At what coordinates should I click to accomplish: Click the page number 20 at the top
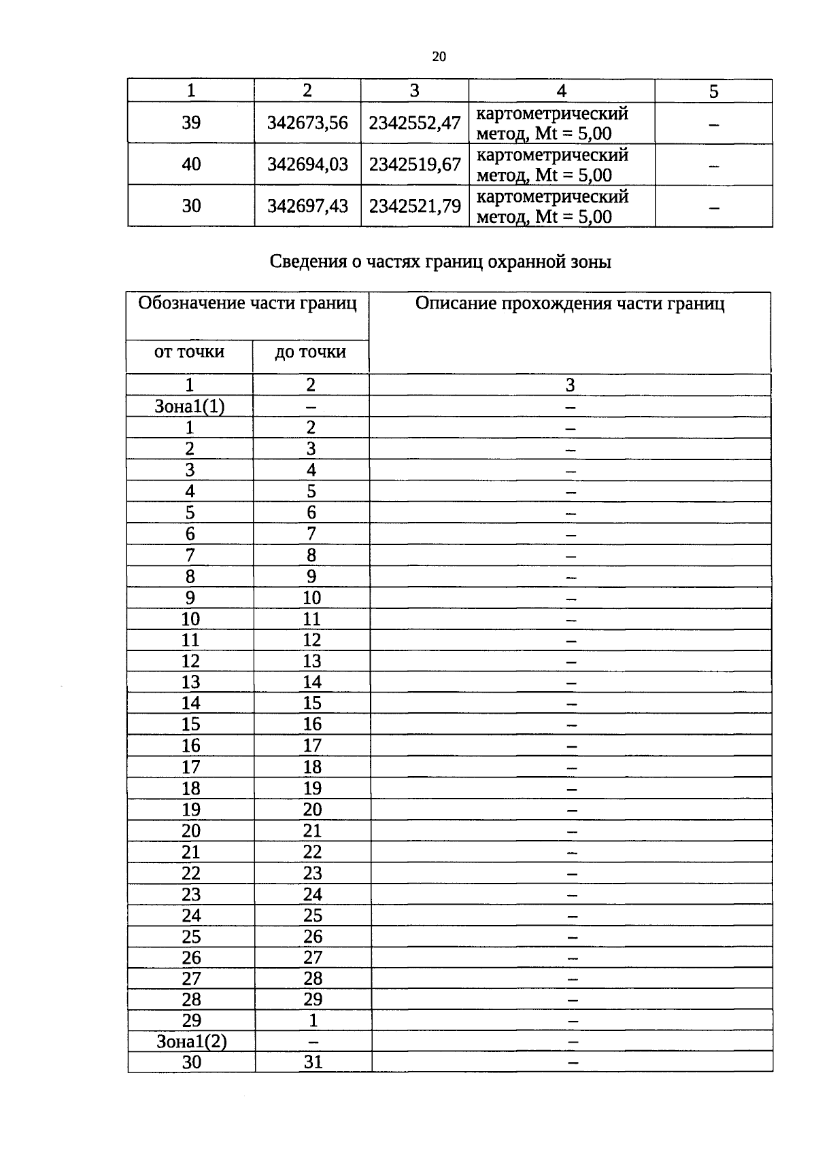[x=439, y=57]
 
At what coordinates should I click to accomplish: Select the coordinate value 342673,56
[x=307, y=123]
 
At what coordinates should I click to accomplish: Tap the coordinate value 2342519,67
[x=415, y=164]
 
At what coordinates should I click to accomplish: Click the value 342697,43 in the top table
[x=307, y=206]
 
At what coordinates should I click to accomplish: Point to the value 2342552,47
[x=415, y=123]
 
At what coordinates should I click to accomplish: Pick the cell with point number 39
[x=191, y=123]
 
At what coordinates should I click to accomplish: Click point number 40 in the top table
[x=191, y=164]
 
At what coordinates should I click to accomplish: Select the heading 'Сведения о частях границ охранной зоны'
[x=440, y=262]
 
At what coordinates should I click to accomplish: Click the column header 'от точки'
[x=189, y=352]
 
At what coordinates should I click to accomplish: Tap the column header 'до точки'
[x=310, y=352]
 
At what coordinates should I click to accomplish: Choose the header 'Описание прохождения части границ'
[x=570, y=304]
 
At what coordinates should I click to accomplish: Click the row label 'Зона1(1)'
[x=190, y=406]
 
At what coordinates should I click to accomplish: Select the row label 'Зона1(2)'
[x=191, y=1042]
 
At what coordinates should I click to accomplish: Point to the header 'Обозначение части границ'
[x=248, y=303]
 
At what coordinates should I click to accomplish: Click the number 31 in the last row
[x=313, y=1062]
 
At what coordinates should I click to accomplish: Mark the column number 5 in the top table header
[x=713, y=91]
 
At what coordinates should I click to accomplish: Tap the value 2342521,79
[x=415, y=206]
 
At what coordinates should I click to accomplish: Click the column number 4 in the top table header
[x=561, y=91]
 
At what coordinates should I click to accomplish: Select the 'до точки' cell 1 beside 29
[x=313, y=1021]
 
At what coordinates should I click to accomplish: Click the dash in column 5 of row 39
[x=713, y=124]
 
